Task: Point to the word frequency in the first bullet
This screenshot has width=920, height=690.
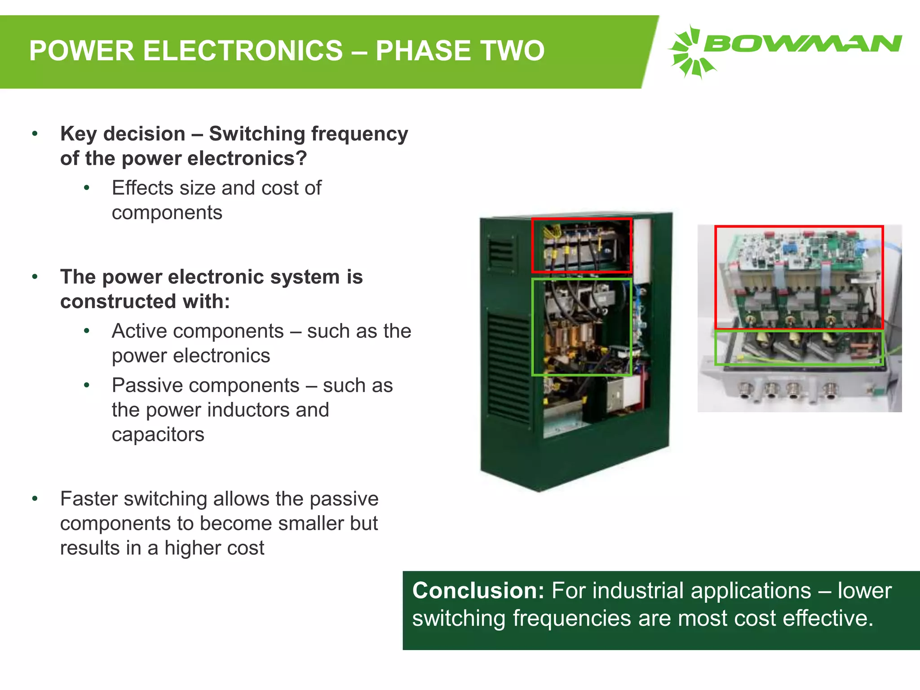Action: [359, 134]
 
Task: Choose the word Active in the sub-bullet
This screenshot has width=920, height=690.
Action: [140, 331]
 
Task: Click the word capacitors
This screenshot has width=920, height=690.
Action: [158, 434]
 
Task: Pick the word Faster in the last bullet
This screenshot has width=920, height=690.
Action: [88, 499]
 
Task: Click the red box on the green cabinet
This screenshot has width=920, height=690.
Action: [582, 220]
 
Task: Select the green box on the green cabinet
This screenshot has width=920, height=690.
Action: [582, 280]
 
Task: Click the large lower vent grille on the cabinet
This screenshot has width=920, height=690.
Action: [509, 368]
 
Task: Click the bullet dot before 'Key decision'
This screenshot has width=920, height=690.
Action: [35, 134]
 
